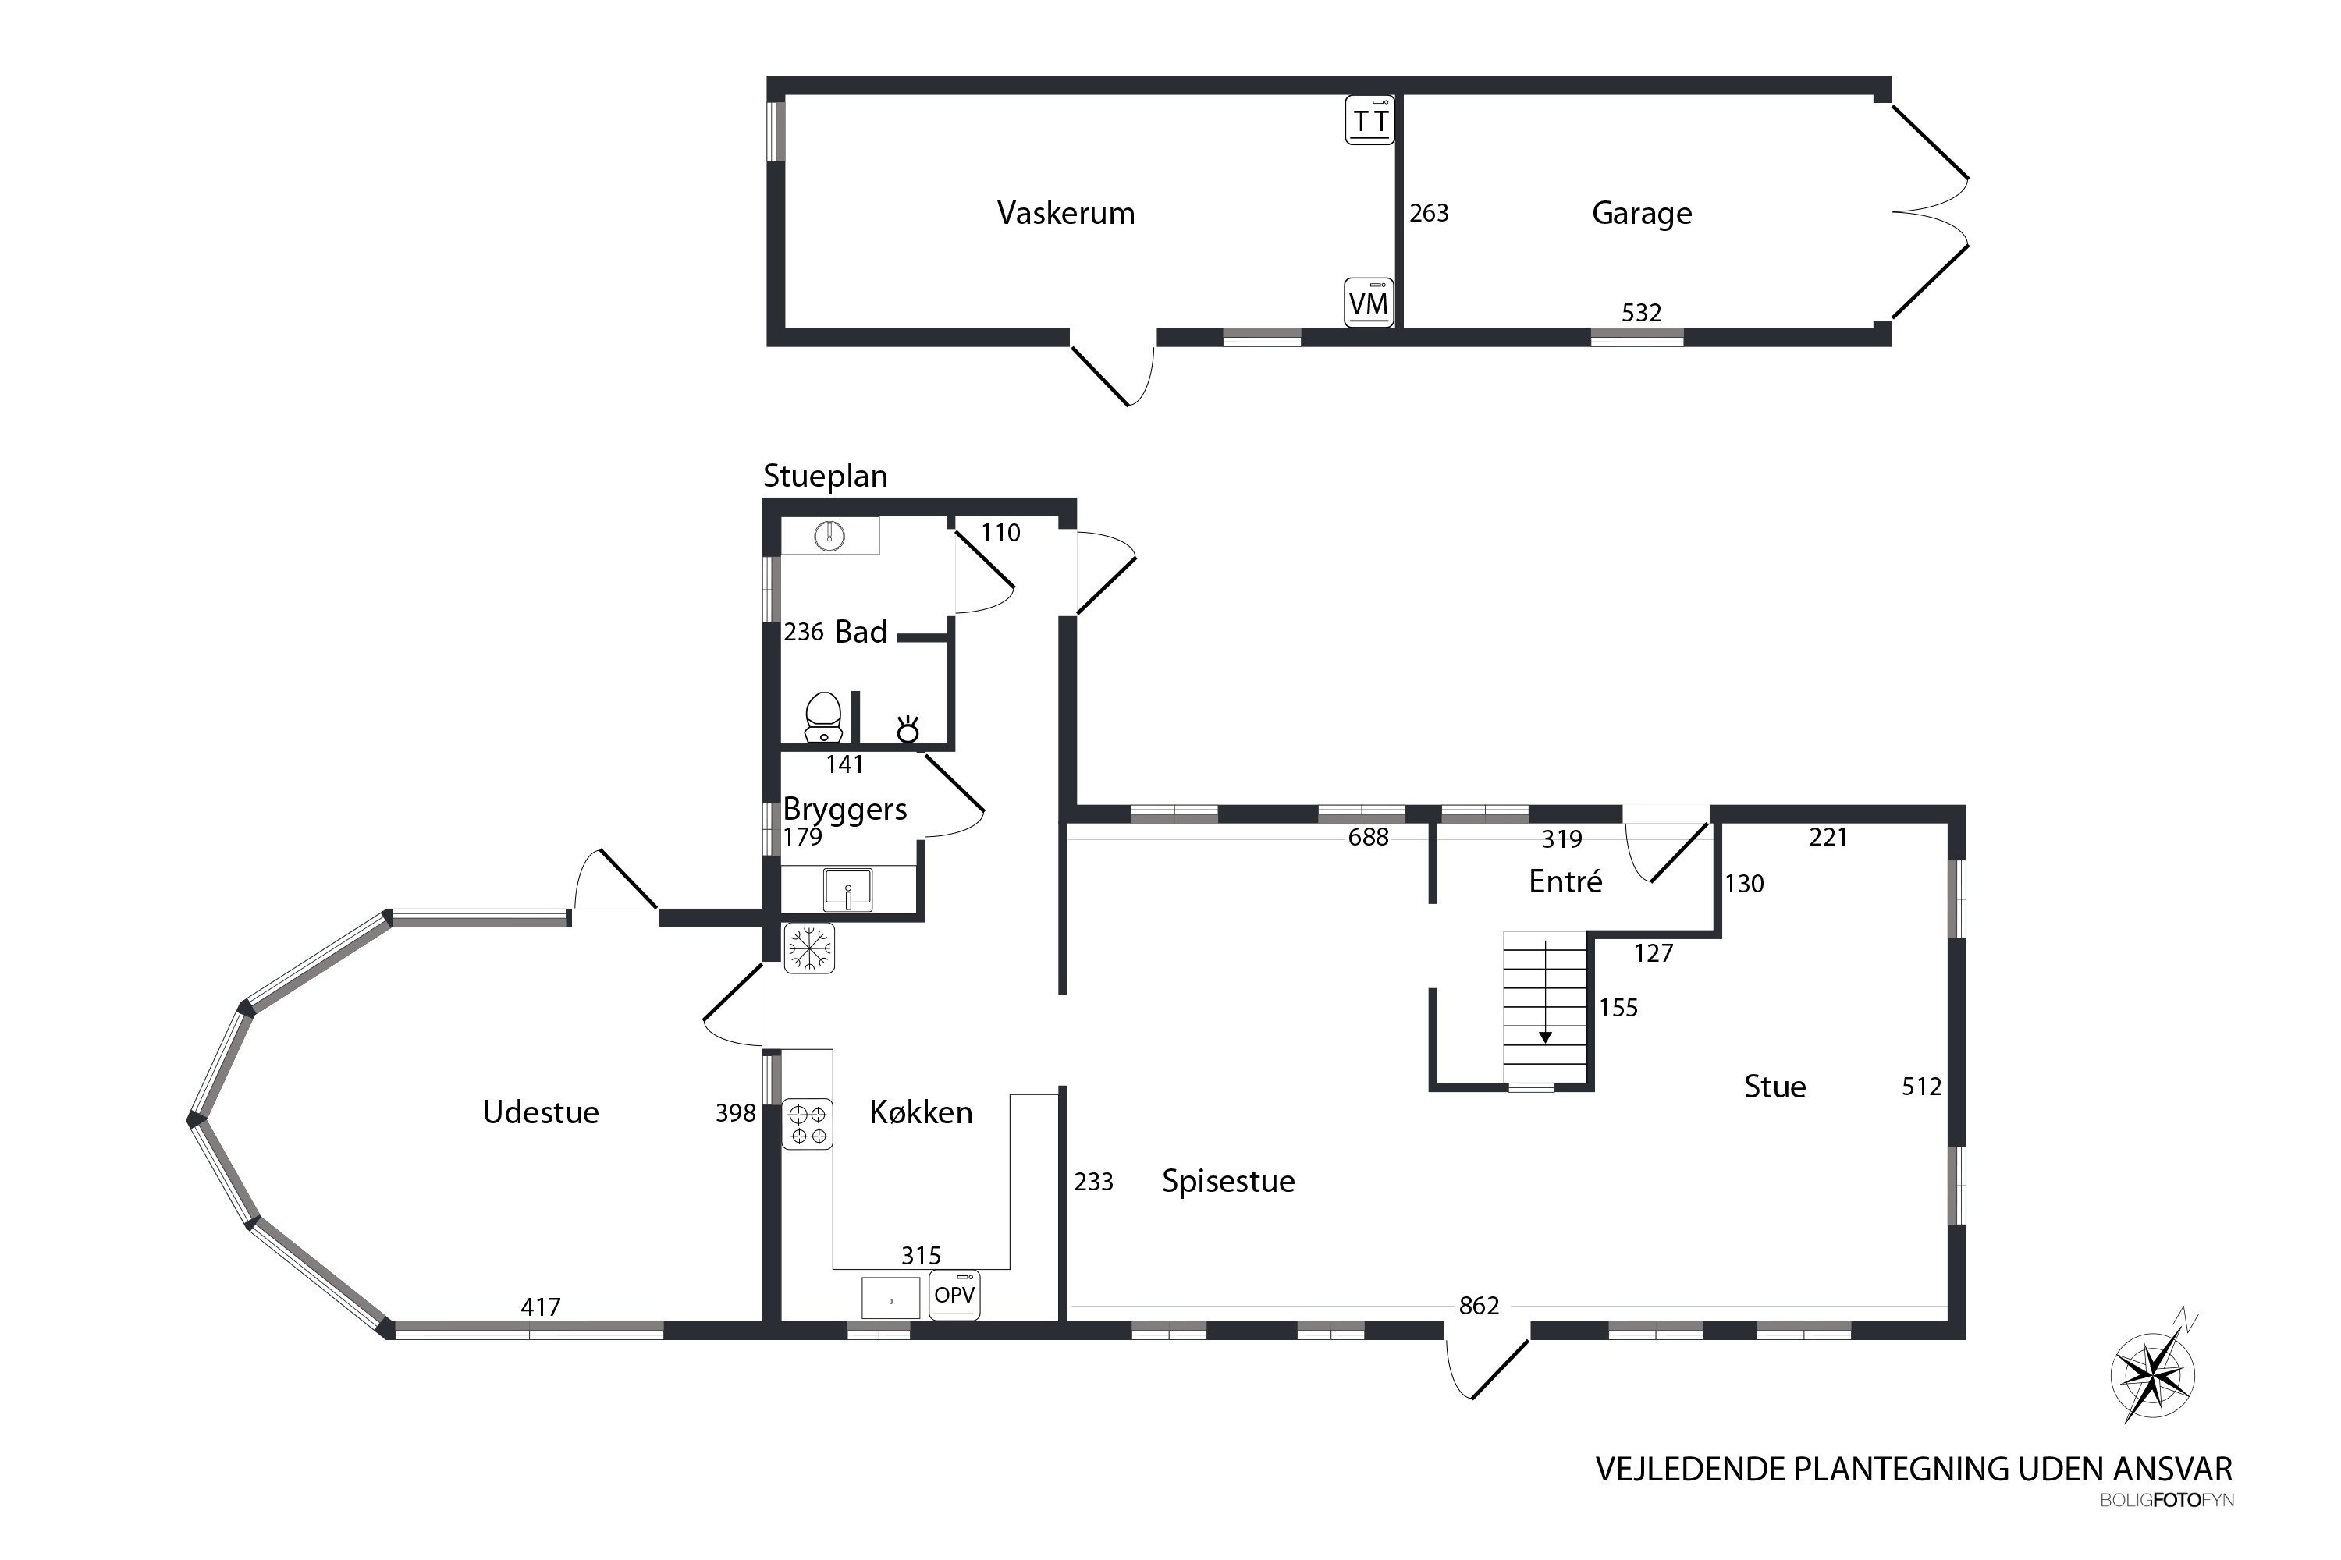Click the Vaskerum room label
pyautogui.click(x=1066, y=213)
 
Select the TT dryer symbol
pyautogui.click(x=1369, y=120)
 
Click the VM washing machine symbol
pyautogui.click(x=1369, y=303)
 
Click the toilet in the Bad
pyautogui.click(x=823, y=718)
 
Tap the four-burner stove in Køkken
pyautogui.click(x=807, y=1124)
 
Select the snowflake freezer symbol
pyautogui.click(x=809, y=948)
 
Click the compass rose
pyautogui.click(x=2153, y=1374)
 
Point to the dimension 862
pyautogui.click(x=1479, y=1305)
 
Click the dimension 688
pyautogui.click(x=1369, y=838)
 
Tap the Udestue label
pyautogui.click(x=541, y=1112)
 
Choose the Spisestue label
pyautogui.click(x=1228, y=1182)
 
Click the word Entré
pyautogui.click(x=1565, y=881)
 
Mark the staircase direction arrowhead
pyautogui.click(x=1545, y=1037)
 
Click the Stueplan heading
pyautogui.click(x=825, y=477)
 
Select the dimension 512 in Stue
pyautogui.click(x=1921, y=1087)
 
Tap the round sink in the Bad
pyautogui.click(x=829, y=537)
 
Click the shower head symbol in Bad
pyautogui.click(x=908, y=729)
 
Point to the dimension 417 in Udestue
pyautogui.click(x=541, y=1307)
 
